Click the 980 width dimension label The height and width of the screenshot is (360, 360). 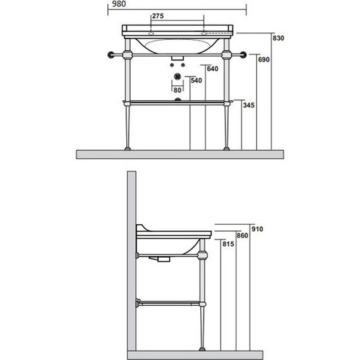coord(119,4)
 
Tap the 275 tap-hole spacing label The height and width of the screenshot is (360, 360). coord(158,16)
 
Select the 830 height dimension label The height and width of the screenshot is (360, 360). coord(279,38)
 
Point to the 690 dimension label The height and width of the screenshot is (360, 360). coord(263,60)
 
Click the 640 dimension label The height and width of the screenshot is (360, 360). coord(212,69)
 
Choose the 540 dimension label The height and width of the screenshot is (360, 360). coord(196,81)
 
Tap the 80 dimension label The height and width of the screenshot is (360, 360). coord(177,90)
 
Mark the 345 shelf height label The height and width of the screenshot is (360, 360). coord(249,105)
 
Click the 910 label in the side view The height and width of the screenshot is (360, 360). coord(257,229)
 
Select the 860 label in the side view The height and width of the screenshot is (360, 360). coord(243,236)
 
